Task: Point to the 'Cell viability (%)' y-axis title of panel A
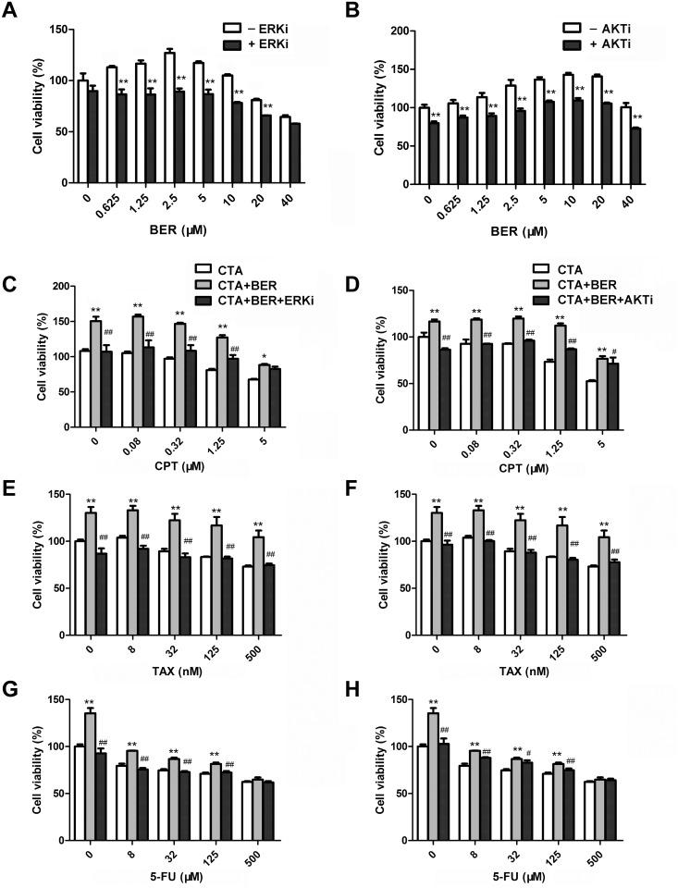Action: click(x=40, y=106)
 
